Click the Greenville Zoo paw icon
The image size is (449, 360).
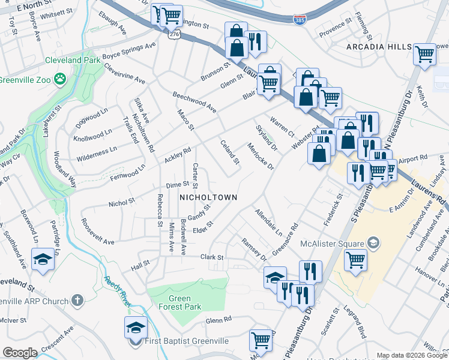point(59,78)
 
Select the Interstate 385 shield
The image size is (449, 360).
point(299,20)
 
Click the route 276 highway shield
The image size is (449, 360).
point(173,35)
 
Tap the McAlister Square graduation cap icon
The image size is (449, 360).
point(373,243)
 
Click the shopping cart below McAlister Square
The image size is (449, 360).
point(355,260)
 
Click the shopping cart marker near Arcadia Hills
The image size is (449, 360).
point(424,54)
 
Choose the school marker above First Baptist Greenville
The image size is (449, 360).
point(135,327)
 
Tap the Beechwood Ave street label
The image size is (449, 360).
point(194,102)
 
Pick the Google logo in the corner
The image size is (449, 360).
point(20,353)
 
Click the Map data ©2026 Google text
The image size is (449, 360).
point(411,355)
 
